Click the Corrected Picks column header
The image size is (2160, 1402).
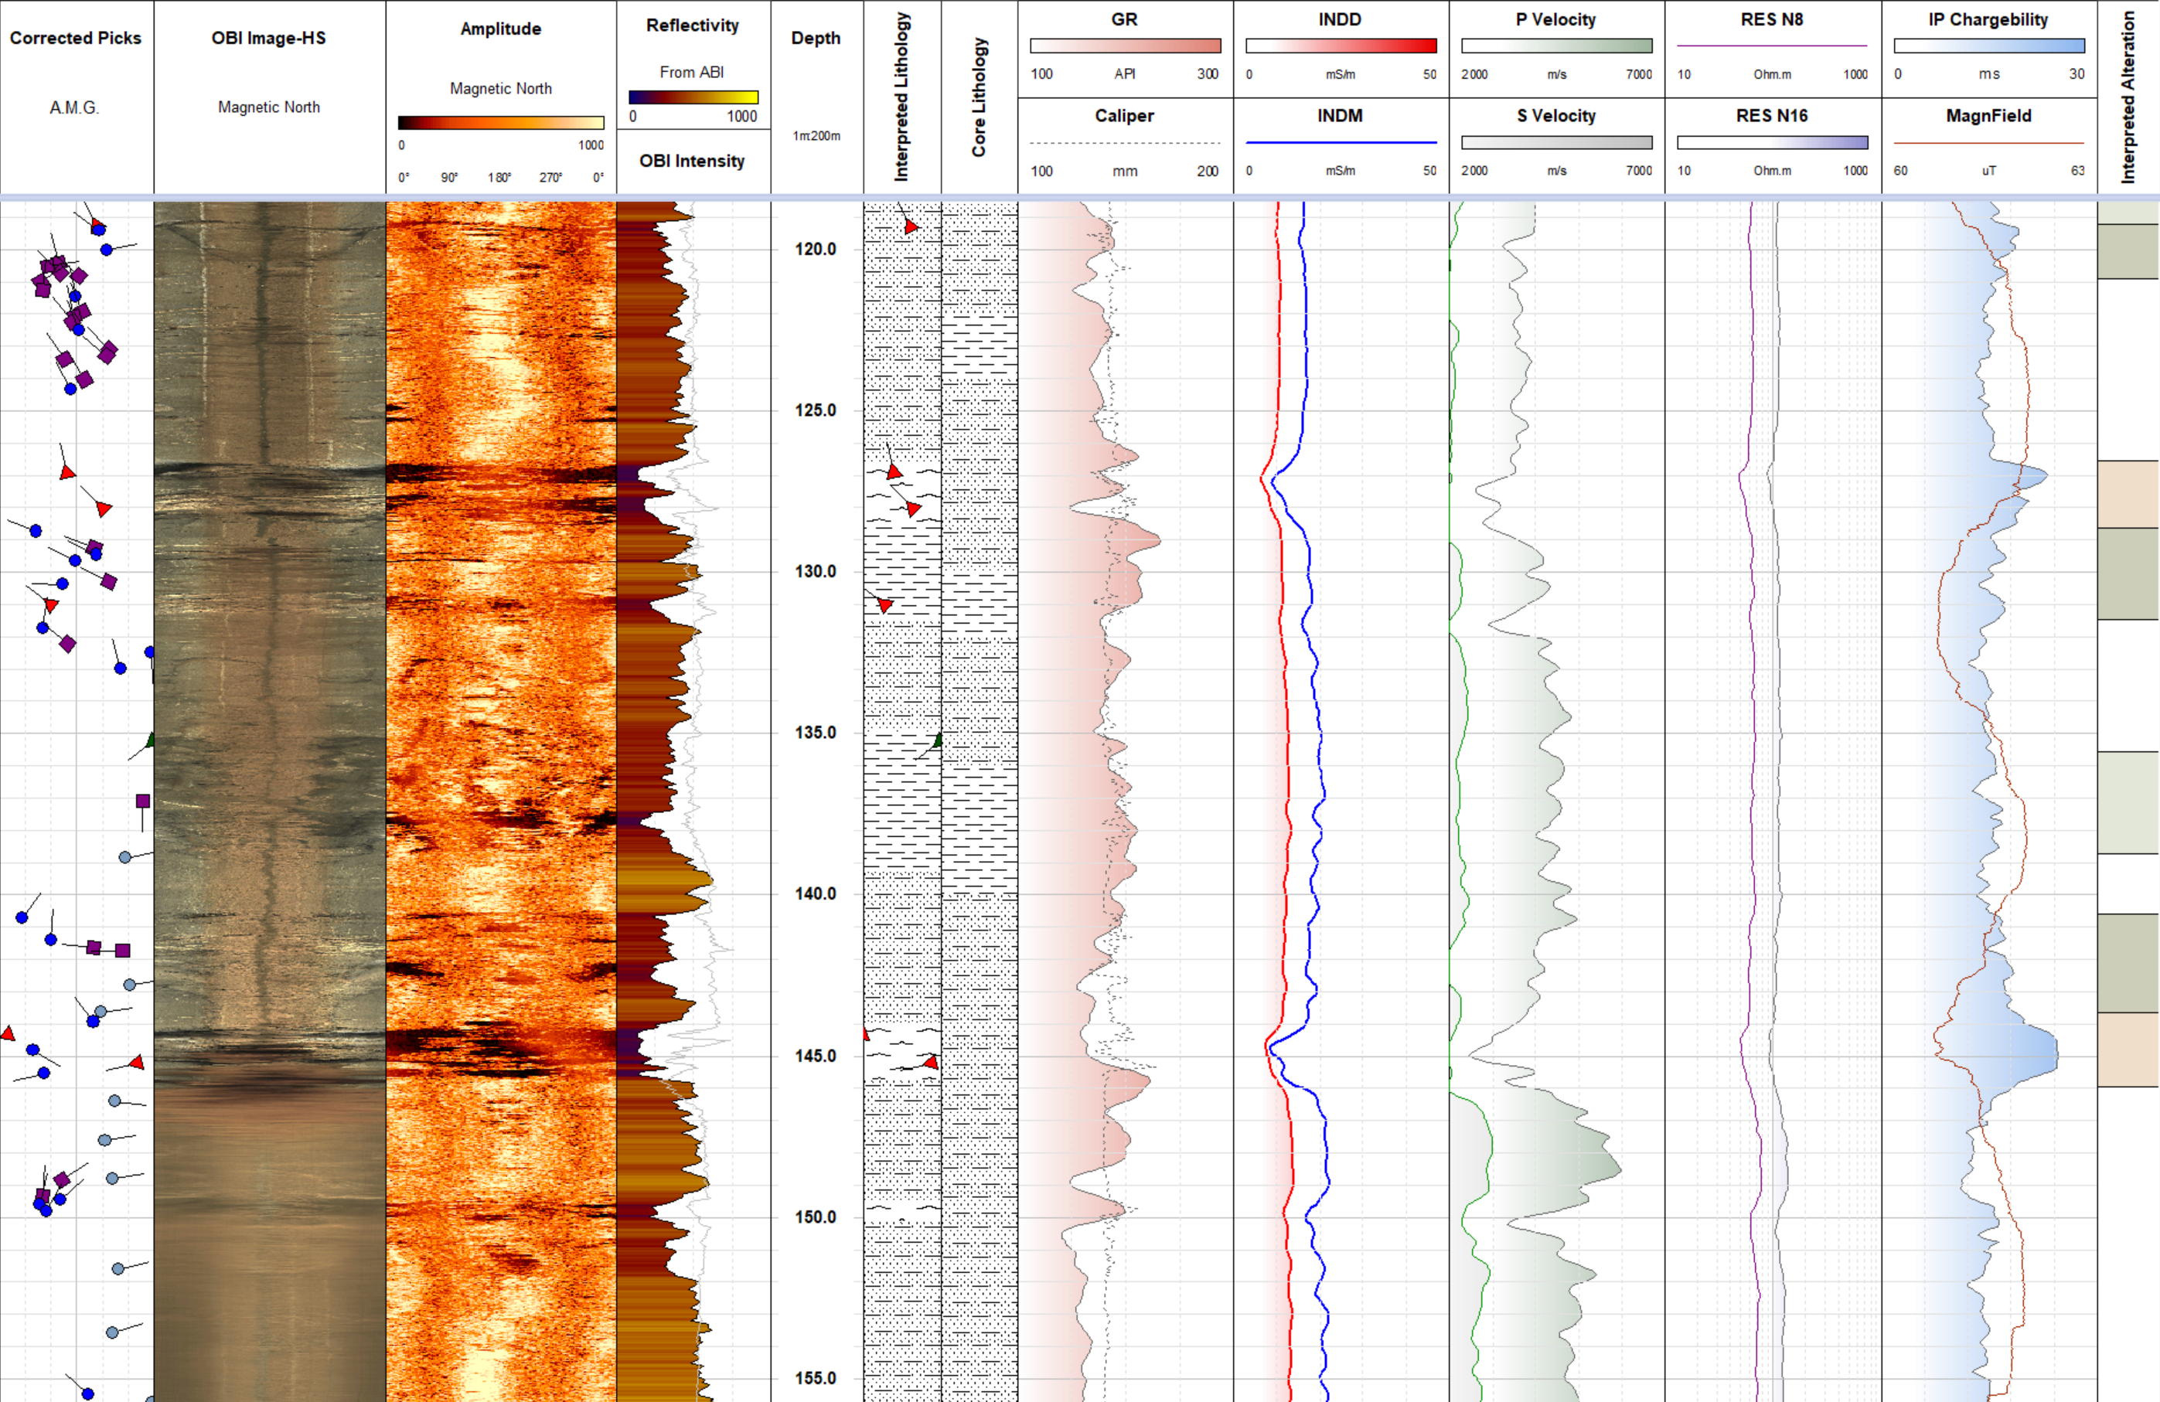point(75,38)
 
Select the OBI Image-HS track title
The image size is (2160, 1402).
point(268,38)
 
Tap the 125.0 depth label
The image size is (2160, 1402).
point(815,410)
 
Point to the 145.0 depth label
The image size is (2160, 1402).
point(815,1055)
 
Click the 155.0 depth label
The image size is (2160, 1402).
point(815,1377)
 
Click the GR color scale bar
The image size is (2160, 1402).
point(1125,46)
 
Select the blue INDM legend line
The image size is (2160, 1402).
point(1341,142)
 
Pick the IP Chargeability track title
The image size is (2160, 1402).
point(1988,19)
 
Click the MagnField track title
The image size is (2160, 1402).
point(1988,115)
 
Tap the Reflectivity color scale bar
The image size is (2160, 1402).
point(693,97)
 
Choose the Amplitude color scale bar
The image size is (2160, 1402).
point(500,123)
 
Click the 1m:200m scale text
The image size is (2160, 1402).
point(816,136)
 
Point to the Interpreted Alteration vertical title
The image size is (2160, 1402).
point(2128,98)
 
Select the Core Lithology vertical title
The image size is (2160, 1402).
point(979,98)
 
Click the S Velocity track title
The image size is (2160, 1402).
point(1555,115)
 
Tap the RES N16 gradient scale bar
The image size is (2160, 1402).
point(1772,142)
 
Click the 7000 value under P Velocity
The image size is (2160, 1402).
point(1638,74)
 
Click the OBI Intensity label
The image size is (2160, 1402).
point(692,161)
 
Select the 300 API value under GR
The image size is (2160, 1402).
point(1206,74)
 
